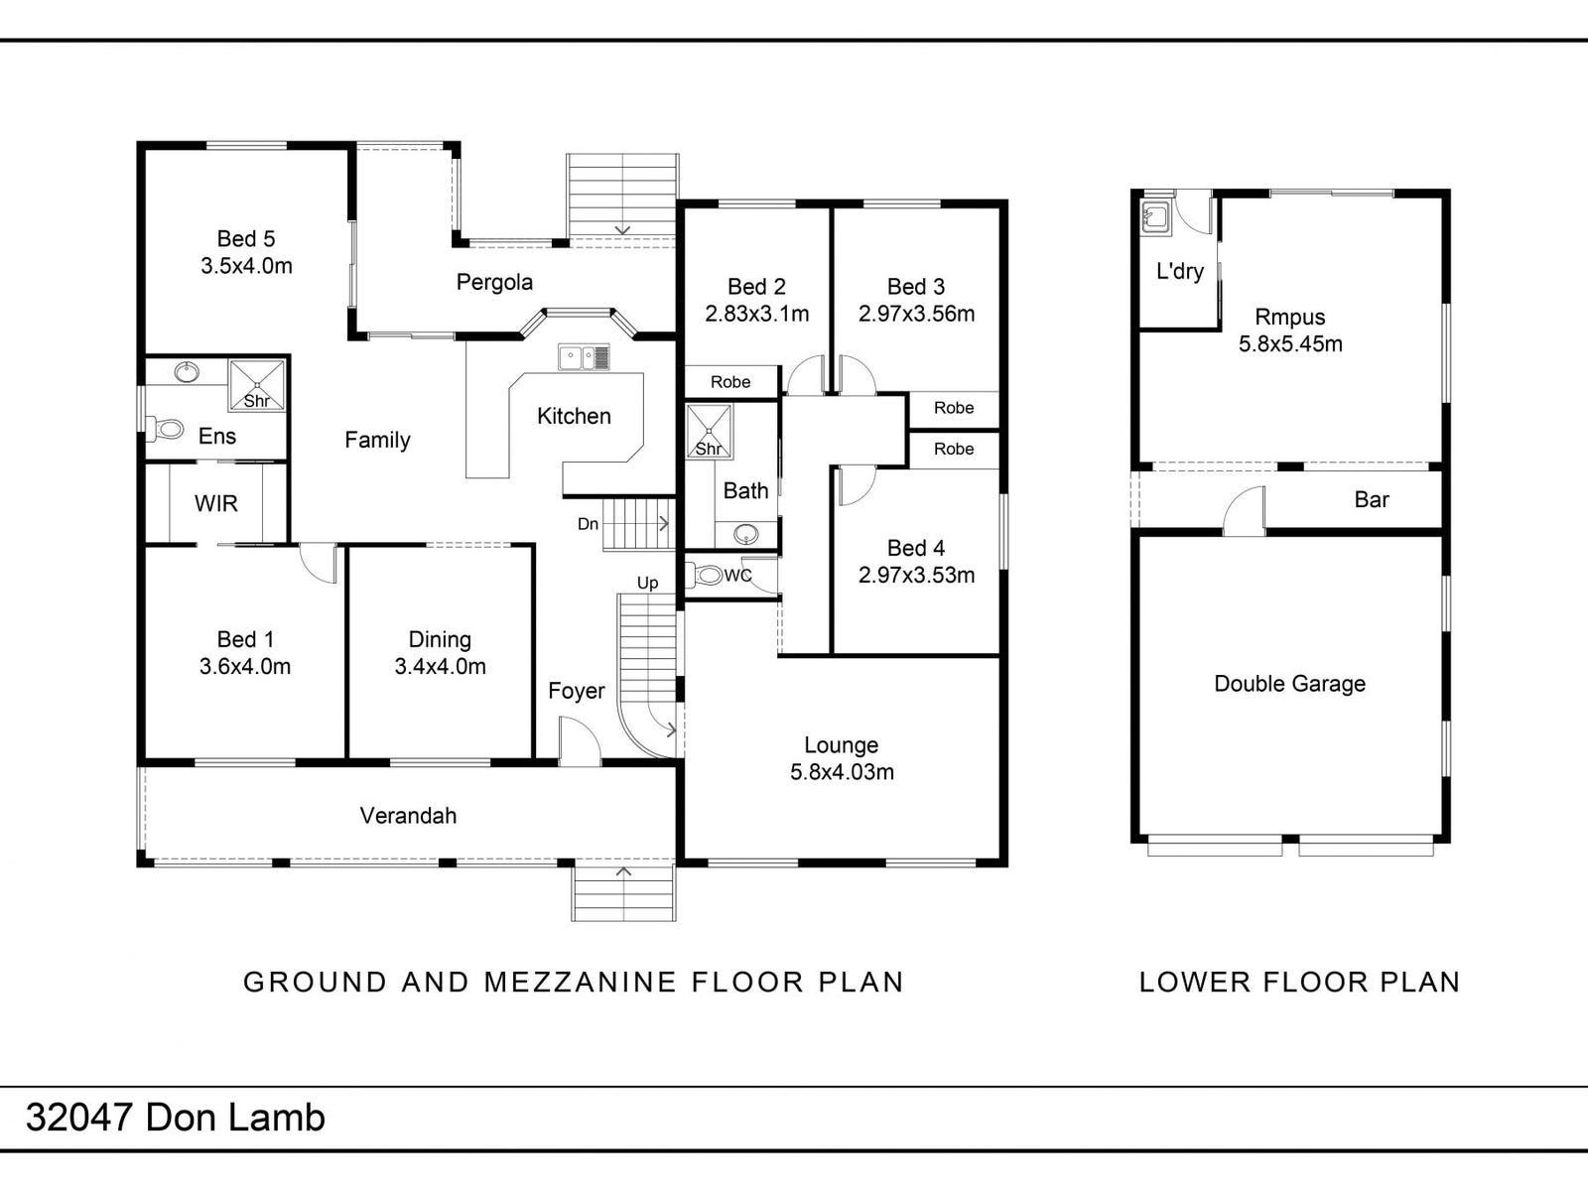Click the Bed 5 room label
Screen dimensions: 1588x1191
coord(246,239)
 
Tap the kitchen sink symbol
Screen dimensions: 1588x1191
coord(583,357)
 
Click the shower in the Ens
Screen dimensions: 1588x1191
coord(257,384)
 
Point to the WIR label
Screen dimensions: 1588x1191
coord(216,504)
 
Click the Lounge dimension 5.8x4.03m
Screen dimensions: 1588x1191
coord(842,772)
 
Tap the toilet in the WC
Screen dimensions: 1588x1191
coord(708,575)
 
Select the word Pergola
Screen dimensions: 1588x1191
coord(494,283)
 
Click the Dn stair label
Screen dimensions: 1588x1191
coord(588,524)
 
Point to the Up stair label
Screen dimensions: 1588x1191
coord(647,583)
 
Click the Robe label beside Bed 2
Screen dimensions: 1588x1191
coord(730,382)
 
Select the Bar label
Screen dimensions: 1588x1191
coord(1372,500)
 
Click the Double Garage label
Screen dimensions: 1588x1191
coord(1289,684)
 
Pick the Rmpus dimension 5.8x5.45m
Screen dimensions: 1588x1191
coord(1290,344)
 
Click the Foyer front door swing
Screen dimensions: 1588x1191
coord(579,741)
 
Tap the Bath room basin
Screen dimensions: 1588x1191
coord(746,535)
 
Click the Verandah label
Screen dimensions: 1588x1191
coord(408,816)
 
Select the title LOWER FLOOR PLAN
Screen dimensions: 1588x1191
coord(1299,983)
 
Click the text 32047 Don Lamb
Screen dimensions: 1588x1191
coord(176,1119)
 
